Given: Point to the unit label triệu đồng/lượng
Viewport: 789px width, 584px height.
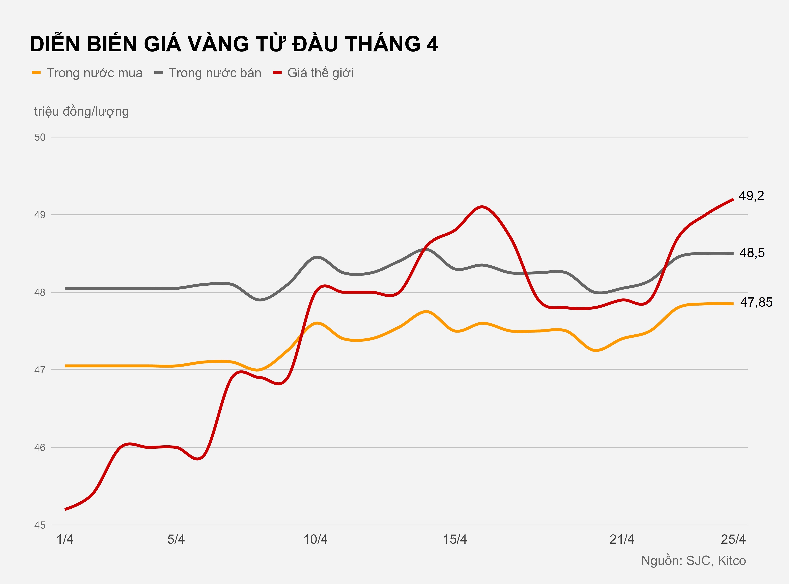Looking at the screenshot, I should (81, 111).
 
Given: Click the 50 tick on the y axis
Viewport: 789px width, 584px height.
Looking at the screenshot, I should (40, 137).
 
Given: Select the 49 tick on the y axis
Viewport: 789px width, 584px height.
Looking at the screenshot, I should (40, 215).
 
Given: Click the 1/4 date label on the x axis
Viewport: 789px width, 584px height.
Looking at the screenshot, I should (65, 540).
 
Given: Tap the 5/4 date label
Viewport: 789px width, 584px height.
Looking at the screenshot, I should (176, 540).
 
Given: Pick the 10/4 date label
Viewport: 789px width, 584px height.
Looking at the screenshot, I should (316, 540).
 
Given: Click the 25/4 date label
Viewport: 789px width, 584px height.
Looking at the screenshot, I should (733, 540).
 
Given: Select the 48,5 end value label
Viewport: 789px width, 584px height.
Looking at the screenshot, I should (752, 253).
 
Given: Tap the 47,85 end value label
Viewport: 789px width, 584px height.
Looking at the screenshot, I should (756, 302).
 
